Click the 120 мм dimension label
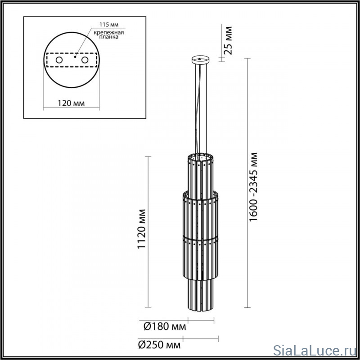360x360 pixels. click(71, 103)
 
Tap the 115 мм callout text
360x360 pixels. click(109, 24)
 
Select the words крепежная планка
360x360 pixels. click(109, 35)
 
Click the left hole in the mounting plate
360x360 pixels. click(59, 60)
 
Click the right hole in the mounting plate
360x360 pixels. click(85, 60)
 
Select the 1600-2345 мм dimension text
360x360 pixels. click(253, 187)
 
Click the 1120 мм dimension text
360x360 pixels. click(142, 229)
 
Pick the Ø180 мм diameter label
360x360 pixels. click(165, 326)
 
